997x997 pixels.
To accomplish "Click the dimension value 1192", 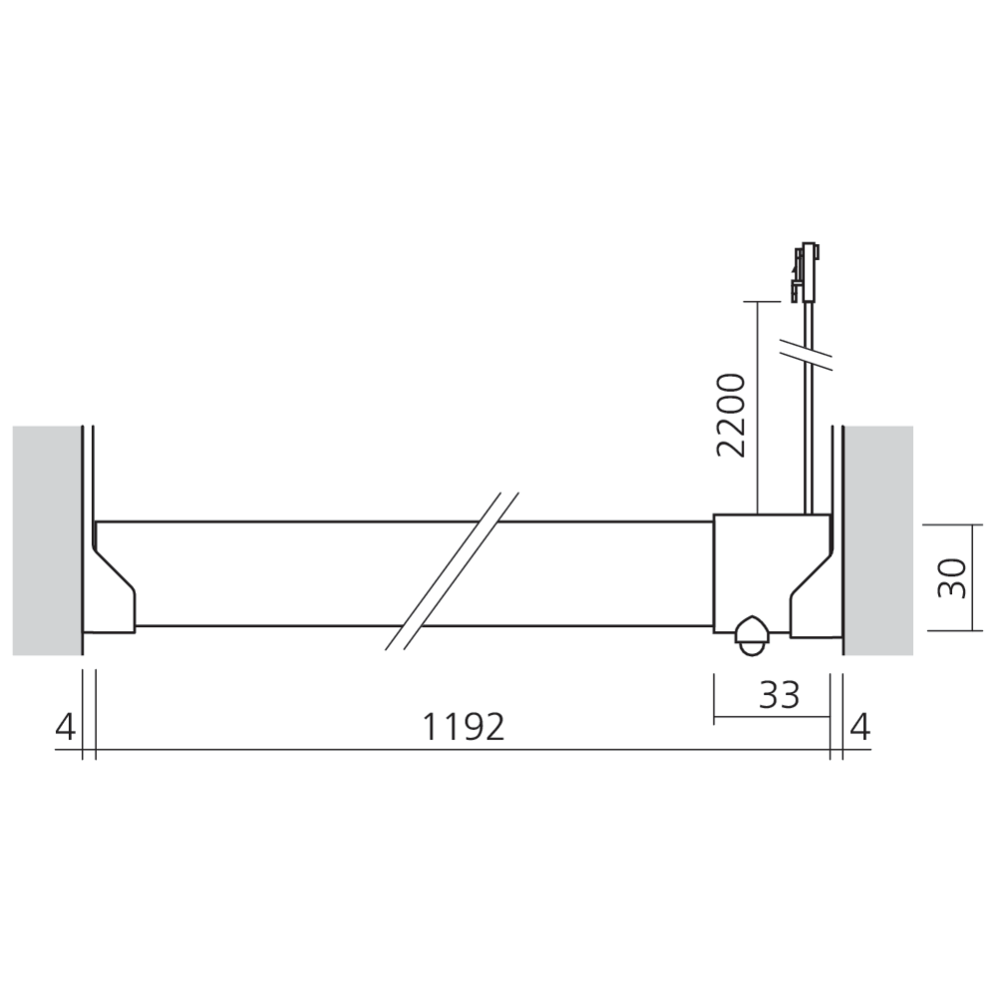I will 464,727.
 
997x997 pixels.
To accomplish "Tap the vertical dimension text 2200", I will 732,414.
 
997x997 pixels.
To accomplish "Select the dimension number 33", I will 779,694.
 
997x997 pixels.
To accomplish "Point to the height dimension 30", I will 954,577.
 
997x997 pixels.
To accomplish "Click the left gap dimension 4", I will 65,727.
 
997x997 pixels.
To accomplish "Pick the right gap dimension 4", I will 860,727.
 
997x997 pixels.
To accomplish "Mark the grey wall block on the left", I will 47,540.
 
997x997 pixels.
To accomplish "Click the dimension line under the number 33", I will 773,716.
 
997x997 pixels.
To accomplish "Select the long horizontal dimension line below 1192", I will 464,750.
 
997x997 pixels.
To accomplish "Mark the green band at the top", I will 498,100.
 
